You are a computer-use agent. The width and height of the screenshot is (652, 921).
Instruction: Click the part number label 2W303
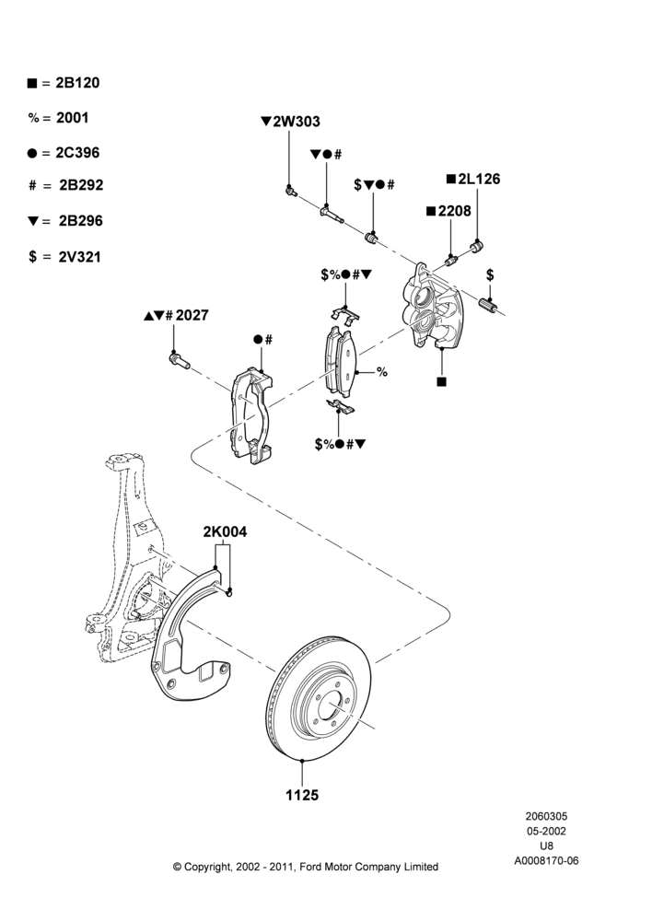(297, 122)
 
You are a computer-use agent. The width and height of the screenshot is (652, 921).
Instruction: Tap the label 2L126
(479, 179)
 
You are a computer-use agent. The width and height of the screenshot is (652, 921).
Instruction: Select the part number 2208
(454, 210)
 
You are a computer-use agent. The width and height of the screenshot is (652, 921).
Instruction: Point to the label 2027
(192, 315)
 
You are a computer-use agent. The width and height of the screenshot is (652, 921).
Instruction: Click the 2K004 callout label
(225, 532)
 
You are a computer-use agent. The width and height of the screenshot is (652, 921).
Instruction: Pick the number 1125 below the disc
(302, 796)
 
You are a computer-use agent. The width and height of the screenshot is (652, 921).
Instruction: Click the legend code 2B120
(77, 83)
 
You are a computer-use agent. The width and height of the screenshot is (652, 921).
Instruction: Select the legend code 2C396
(77, 153)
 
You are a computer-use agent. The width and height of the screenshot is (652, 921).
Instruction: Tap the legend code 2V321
(80, 257)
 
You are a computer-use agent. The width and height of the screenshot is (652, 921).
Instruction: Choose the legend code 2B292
(81, 185)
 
